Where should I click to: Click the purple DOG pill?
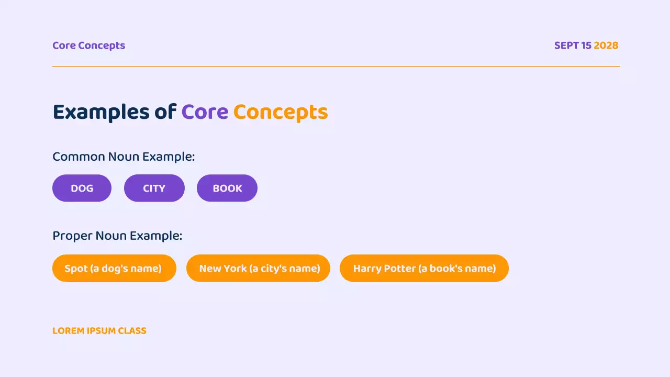coord(82,188)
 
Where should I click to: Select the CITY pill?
coord(154,188)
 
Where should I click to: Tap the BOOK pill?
coord(227,188)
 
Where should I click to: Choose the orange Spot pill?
coord(114,268)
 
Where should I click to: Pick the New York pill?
coord(259,268)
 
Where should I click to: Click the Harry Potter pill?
coord(424,268)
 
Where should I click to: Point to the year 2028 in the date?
coord(606,46)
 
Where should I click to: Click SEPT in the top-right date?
coord(566,46)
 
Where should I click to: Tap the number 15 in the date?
coord(586,46)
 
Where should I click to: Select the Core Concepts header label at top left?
coord(88,46)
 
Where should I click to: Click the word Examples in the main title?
coord(101,112)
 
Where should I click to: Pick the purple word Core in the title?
coord(205,112)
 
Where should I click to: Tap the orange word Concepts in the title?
coord(281,112)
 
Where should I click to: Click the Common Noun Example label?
coord(124,157)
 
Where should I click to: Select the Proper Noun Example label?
coord(117,236)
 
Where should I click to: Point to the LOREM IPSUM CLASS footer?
coord(99,331)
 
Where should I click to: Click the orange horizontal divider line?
coord(335,66)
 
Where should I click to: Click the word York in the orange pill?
coord(235,268)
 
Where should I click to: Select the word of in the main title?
coord(165,112)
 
